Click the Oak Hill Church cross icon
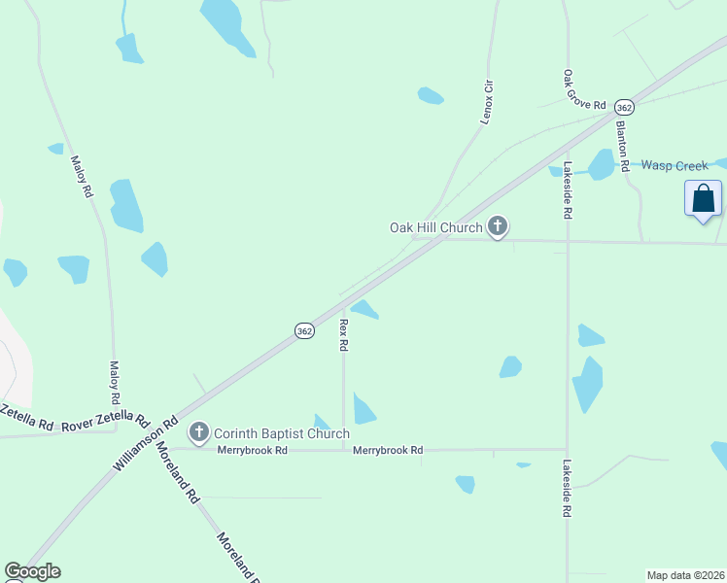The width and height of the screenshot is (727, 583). pyautogui.click(x=498, y=227)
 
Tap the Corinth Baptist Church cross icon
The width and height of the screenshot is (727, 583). pyautogui.click(x=200, y=432)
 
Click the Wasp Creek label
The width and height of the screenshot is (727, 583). pyautogui.click(x=675, y=166)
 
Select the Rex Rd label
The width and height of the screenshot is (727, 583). pyautogui.click(x=343, y=333)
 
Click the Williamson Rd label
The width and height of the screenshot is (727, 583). pyautogui.click(x=145, y=444)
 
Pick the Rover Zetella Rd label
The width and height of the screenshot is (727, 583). pyautogui.click(x=105, y=424)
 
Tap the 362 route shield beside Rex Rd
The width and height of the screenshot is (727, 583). pyautogui.click(x=304, y=330)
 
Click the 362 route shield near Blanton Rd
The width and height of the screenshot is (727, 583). pyautogui.click(x=624, y=107)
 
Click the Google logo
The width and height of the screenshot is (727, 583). pyautogui.click(x=32, y=571)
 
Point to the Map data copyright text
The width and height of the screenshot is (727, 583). pyautogui.click(x=684, y=575)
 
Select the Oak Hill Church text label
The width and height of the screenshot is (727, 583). pyautogui.click(x=435, y=227)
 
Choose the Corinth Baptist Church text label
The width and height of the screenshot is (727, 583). pyautogui.click(x=281, y=433)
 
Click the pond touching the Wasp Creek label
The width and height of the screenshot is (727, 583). pyautogui.click(x=602, y=164)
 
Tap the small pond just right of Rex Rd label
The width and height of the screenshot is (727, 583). pyautogui.click(x=364, y=309)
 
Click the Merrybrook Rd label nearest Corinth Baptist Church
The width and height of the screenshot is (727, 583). pyautogui.click(x=253, y=451)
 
